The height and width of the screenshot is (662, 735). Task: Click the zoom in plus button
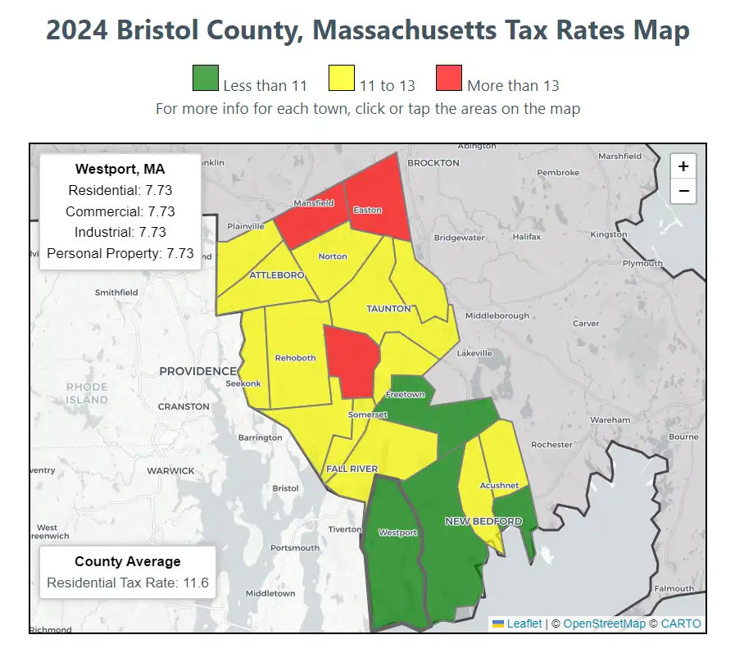click(x=683, y=166)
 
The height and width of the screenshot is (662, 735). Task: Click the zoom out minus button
click(x=683, y=192)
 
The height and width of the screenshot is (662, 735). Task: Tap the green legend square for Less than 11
click(x=205, y=79)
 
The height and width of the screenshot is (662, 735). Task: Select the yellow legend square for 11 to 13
click(x=342, y=79)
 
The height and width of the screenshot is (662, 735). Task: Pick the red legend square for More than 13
click(x=448, y=79)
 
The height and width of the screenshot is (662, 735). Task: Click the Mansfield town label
click(x=314, y=202)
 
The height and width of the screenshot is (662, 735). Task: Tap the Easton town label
click(x=367, y=210)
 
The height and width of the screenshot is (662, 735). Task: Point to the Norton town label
click(x=333, y=256)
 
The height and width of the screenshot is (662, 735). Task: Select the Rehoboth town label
click(x=295, y=358)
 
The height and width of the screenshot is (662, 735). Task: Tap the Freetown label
click(x=406, y=395)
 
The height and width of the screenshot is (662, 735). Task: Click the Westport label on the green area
click(x=397, y=533)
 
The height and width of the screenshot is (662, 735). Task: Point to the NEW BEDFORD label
click(x=483, y=521)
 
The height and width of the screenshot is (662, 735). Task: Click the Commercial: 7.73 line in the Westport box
click(x=120, y=211)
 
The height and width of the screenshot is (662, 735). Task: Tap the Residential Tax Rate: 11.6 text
click(x=128, y=583)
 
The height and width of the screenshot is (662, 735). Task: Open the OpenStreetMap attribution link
click(x=604, y=623)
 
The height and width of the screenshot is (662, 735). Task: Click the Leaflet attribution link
click(x=524, y=623)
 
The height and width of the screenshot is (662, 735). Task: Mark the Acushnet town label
click(x=500, y=486)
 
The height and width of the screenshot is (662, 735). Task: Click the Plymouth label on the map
click(x=642, y=263)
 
